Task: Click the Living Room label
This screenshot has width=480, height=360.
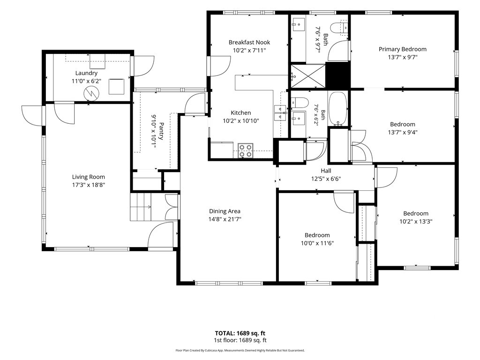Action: pos(89,177)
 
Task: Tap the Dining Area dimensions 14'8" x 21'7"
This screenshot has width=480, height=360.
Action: pos(225,219)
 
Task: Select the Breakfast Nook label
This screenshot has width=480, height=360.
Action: pos(249,42)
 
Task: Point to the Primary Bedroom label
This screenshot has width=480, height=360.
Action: pos(403,49)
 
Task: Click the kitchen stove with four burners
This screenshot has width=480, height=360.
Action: pos(246,150)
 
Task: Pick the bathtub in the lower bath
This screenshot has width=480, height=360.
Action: pos(337,109)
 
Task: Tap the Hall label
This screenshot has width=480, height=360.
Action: pos(326,171)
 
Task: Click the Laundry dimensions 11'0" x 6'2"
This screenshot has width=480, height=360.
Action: pos(86,81)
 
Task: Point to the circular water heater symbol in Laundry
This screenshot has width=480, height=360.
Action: pos(92,93)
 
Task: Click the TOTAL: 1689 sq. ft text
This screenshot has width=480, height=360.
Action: pos(240,333)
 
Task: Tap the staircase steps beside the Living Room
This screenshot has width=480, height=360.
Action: pos(141,207)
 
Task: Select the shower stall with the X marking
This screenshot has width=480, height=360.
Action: pos(307,76)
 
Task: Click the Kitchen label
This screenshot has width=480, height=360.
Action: pos(240,112)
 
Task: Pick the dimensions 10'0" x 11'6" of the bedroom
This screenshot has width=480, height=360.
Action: pos(317,243)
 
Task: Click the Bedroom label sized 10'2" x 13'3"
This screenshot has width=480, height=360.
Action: pos(416,213)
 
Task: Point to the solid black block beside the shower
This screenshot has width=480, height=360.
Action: pos(337,75)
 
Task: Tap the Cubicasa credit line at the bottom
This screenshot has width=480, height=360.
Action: pos(240,351)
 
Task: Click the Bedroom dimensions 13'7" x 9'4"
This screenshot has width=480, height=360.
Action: pos(403,132)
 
